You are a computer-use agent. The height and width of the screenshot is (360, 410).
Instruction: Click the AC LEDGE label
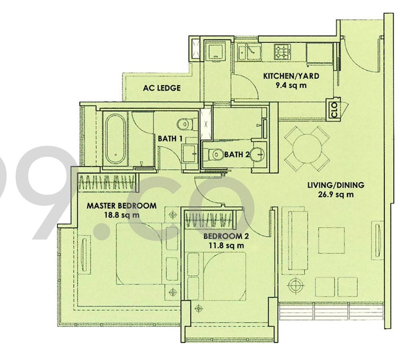point(162,88)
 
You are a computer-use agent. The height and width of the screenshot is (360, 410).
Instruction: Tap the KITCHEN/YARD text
point(291,76)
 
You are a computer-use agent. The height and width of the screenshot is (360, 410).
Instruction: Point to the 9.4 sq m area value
point(291,85)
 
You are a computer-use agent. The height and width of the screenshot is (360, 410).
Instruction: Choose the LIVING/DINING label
point(332,185)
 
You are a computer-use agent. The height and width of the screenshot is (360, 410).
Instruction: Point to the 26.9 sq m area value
point(332,194)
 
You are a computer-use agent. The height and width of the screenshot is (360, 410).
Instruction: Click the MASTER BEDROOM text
point(121,206)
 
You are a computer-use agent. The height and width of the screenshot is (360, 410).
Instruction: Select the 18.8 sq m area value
point(121,215)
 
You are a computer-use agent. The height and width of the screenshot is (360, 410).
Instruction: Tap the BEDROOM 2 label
point(226,236)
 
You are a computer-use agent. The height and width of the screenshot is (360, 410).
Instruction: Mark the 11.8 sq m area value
point(226,246)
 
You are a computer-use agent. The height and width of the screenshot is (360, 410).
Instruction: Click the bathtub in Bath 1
point(117,137)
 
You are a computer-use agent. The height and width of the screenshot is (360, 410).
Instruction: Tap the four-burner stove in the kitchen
point(282,51)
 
